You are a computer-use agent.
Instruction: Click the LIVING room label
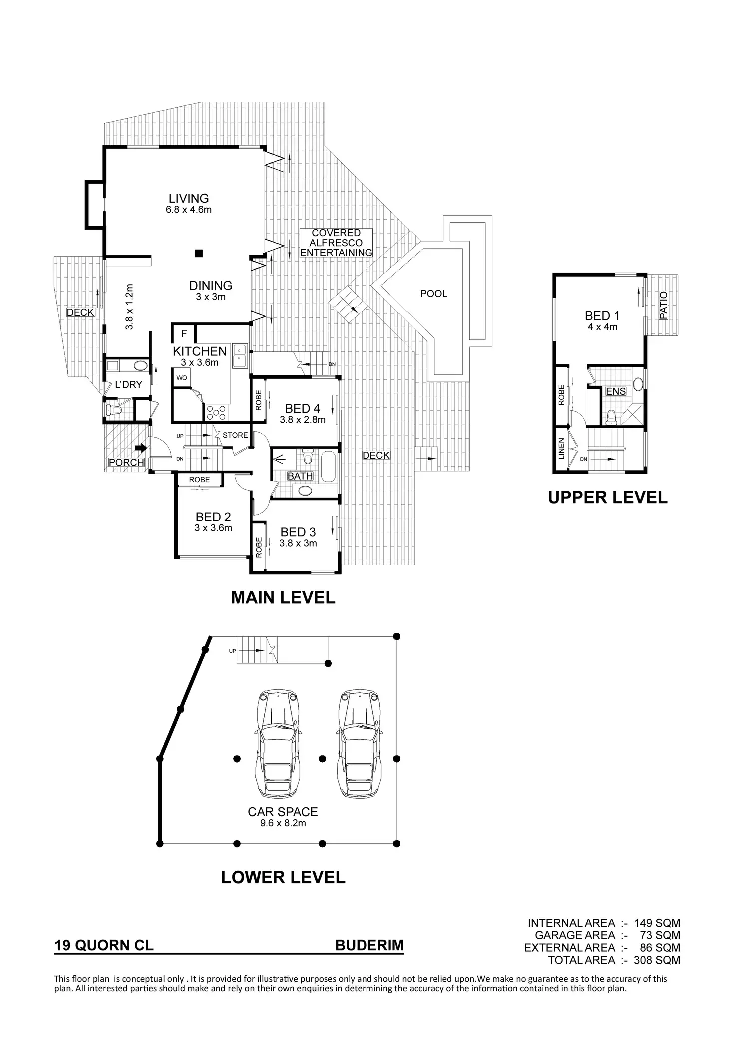tap(188, 199)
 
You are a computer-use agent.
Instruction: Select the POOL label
tap(433, 294)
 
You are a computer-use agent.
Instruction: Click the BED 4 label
tap(302, 409)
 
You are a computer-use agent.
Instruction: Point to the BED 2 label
tap(213, 517)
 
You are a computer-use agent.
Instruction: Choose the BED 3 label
tap(298, 532)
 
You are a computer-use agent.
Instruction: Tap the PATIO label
tap(663, 305)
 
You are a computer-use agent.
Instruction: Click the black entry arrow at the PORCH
tap(141, 447)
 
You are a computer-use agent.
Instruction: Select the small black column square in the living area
tap(199, 253)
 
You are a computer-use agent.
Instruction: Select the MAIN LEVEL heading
tap(283, 597)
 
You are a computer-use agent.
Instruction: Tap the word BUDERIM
tap(369, 945)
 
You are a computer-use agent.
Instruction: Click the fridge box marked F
tap(184, 333)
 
